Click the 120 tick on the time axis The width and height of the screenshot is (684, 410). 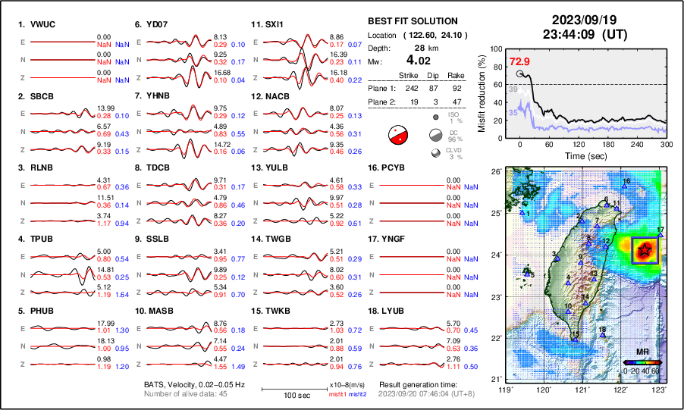[x=579, y=144]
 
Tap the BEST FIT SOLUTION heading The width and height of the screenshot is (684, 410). [x=413, y=21]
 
